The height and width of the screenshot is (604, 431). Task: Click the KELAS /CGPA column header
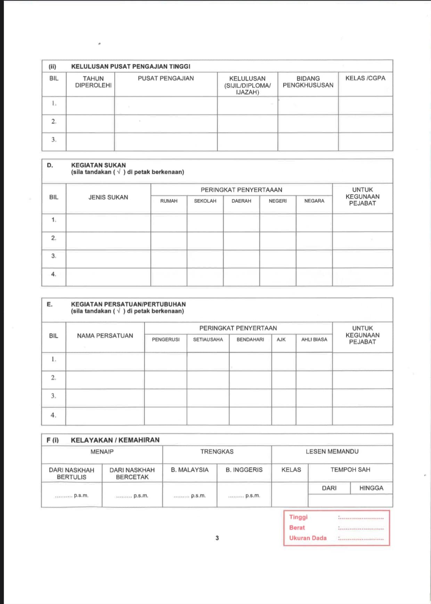[x=365, y=78]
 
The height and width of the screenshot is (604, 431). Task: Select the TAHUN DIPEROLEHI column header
[x=93, y=82]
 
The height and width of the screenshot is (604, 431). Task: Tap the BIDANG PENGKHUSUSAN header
[x=308, y=82]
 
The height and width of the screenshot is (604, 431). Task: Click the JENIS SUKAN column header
[x=108, y=197]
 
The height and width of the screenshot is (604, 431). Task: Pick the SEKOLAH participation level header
[x=205, y=201]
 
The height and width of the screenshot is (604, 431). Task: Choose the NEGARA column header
[x=314, y=201]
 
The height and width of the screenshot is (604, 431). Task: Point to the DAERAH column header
[x=241, y=201]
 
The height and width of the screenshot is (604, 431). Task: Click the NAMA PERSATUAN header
[x=105, y=336]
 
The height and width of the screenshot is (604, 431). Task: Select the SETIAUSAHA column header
[x=208, y=340]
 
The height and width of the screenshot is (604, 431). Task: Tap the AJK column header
[x=281, y=340]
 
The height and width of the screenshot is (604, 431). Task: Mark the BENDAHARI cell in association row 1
[x=250, y=362]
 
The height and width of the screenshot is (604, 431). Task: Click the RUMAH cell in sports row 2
[x=169, y=241]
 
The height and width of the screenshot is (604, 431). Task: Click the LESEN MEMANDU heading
[x=332, y=452]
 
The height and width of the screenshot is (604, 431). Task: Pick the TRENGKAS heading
[x=217, y=452]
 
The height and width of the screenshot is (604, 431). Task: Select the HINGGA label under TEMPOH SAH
[x=371, y=488]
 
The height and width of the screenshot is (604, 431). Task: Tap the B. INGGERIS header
[x=244, y=470]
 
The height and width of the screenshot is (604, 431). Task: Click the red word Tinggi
[x=298, y=517]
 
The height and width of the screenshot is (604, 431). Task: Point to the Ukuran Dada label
[x=308, y=538]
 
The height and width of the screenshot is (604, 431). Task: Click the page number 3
[x=217, y=538]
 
